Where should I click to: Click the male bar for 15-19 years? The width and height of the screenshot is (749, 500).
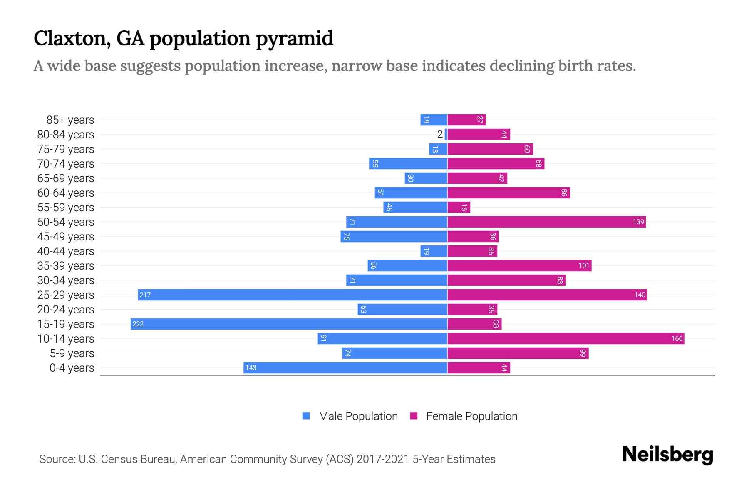(289, 324)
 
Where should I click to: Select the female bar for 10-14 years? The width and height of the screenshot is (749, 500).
(565, 339)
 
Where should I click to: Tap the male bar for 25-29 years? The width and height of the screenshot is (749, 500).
(293, 295)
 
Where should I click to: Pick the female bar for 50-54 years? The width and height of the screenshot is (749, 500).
(546, 222)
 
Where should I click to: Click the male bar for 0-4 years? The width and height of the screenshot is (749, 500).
(345, 368)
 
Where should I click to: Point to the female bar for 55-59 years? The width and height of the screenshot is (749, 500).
(459, 207)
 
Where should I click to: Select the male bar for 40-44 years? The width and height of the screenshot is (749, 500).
(434, 251)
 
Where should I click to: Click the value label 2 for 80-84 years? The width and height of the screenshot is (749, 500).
(440, 135)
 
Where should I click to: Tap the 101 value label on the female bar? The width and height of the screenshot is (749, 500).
(584, 266)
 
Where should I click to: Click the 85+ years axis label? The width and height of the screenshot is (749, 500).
(70, 120)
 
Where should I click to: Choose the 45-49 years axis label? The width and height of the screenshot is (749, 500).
(66, 237)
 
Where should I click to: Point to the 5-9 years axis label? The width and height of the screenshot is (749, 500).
(72, 353)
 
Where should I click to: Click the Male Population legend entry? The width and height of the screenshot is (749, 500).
(358, 416)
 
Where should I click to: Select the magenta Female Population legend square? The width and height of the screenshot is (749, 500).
(414, 416)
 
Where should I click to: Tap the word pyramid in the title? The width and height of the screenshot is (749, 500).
(294, 38)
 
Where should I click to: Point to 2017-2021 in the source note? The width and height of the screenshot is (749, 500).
(383, 459)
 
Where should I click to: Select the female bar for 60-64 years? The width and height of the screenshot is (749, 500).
(508, 193)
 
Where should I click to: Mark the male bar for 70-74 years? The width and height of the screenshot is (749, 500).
(408, 164)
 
